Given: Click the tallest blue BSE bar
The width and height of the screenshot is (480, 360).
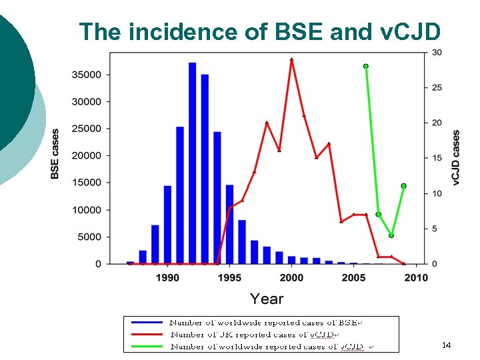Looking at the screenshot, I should pyautogui.click(x=192, y=163).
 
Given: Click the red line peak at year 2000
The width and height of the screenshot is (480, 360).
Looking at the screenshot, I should pyautogui.click(x=291, y=59).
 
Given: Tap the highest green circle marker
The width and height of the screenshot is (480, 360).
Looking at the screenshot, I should pyautogui.click(x=365, y=66).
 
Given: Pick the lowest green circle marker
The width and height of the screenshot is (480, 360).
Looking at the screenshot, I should pyautogui.click(x=391, y=235).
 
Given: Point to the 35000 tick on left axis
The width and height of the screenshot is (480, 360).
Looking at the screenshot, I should pyautogui.click(x=87, y=75).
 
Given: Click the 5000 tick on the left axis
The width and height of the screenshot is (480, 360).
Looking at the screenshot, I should pyautogui.click(x=89, y=237).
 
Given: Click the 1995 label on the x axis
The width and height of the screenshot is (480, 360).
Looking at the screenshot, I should pyautogui.click(x=229, y=277).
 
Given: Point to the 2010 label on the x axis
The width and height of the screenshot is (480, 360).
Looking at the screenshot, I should pyautogui.click(x=416, y=277).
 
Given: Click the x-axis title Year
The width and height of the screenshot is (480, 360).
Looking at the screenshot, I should pyautogui.click(x=267, y=299).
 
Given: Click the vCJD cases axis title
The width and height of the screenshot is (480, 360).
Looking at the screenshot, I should pyautogui.click(x=457, y=157).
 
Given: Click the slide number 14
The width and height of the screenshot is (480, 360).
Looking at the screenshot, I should pyautogui.click(x=446, y=345).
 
